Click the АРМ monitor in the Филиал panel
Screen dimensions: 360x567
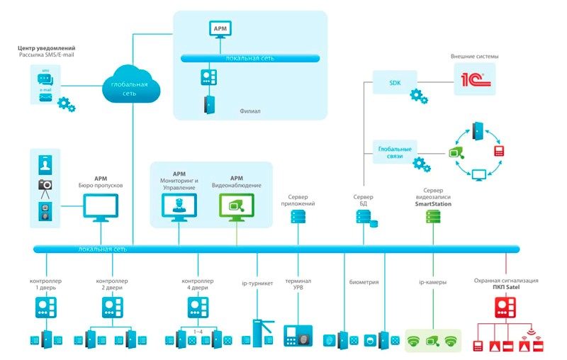[x=219, y=29]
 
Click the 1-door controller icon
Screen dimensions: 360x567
[x=47, y=306]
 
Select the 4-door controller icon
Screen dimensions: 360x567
[x=198, y=306]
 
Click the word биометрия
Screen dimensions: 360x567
[x=364, y=281]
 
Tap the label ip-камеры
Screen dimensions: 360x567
[x=432, y=281]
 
